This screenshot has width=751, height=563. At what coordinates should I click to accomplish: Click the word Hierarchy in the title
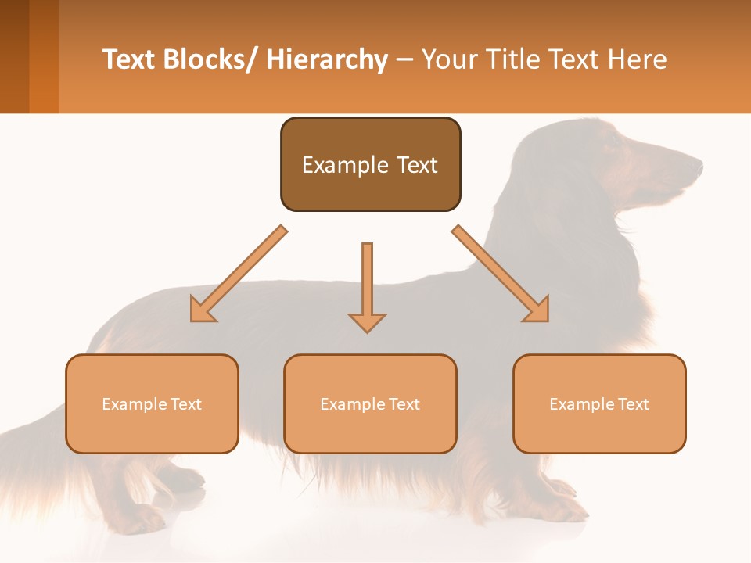tap(327, 59)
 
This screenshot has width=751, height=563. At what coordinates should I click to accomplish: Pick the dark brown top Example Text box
tap(370, 164)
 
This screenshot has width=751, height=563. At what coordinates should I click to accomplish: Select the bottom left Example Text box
tap(152, 403)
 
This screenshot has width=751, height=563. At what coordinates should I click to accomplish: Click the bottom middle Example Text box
tap(370, 403)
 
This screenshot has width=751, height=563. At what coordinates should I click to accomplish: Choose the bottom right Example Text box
tap(599, 403)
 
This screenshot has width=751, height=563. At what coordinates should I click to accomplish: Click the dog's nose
tap(698, 165)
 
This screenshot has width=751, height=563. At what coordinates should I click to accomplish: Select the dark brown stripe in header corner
tap(14, 56)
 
